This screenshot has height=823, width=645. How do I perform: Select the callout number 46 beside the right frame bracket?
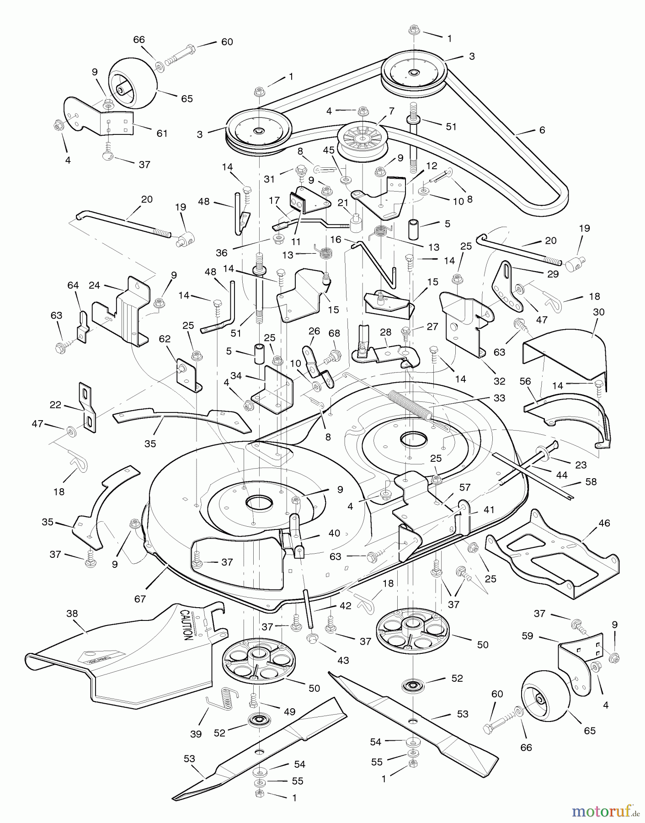[x=604, y=523]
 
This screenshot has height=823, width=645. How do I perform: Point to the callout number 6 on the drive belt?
[x=542, y=130]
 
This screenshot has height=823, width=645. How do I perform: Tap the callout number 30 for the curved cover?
[x=598, y=312]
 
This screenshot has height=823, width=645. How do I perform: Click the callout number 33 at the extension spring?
[x=499, y=398]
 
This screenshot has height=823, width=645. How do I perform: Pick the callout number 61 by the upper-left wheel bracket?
[x=162, y=133]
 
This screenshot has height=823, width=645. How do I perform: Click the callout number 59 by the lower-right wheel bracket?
[x=528, y=636]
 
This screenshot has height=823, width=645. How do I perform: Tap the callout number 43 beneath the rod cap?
[x=343, y=660]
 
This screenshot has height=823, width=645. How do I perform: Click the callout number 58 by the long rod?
[x=591, y=481]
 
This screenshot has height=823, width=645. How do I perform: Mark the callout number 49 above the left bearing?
[x=289, y=711]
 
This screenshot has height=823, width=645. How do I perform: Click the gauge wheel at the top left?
[x=132, y=84]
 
